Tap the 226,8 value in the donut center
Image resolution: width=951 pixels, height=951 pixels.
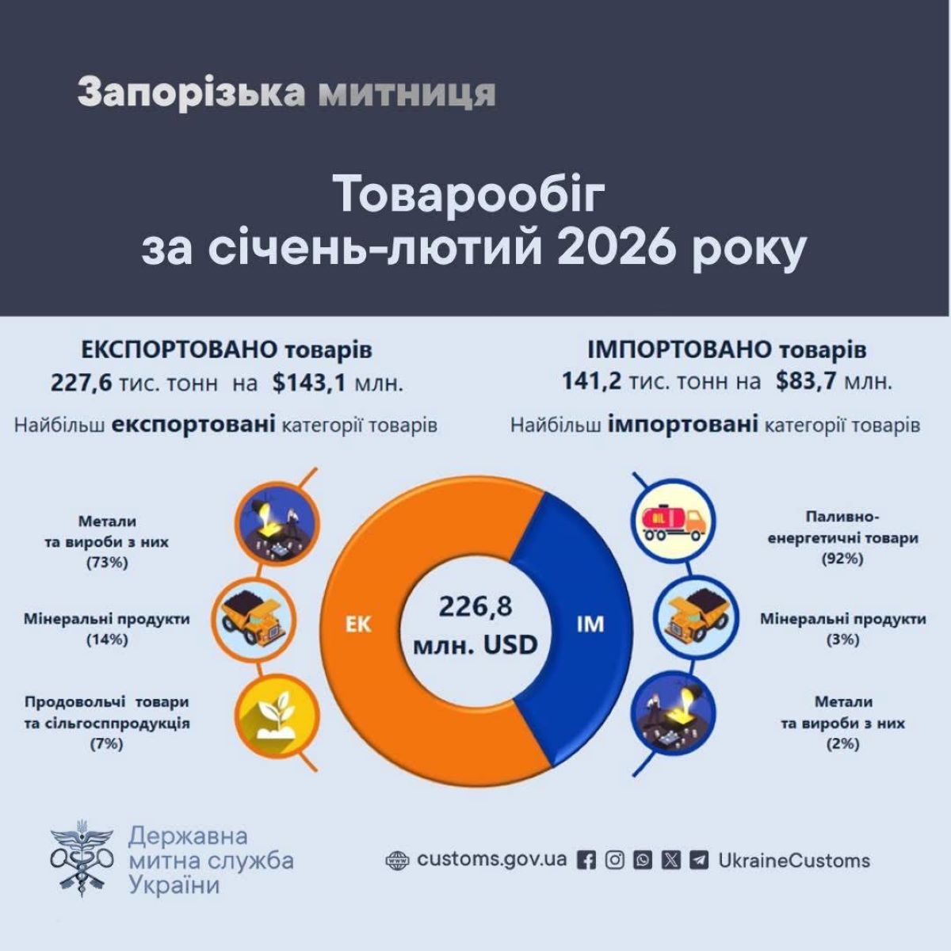pyautogui.click(x=475, y=607)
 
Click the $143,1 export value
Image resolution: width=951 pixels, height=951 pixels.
pyautogui.click(x=309, y=384)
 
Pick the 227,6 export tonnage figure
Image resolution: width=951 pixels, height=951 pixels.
pyautogui.click(x=82, y=384)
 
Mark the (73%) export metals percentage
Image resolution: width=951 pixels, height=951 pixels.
pyautogui.click(x=107, y=563)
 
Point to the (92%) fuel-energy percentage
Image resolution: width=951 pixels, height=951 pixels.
pyautogui.click(x=842, y=559)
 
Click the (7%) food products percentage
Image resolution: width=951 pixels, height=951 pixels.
pyautogui.click(x=107, y=743)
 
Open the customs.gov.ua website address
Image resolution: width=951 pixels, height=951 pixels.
pyautogui.click(x=491, y=860)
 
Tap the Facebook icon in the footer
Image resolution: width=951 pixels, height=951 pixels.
pyautogui.click(x=586, y=861)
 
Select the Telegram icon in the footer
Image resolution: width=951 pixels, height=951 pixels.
pyautogui.click(x=699, y=861)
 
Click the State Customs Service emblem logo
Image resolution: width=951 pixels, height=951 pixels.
pyautogui.click(x=81, y=860)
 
